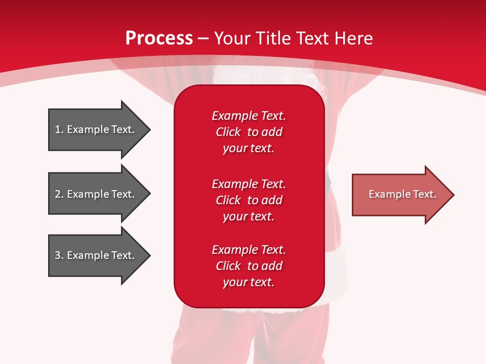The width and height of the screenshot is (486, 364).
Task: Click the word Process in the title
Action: [x=159, y=38]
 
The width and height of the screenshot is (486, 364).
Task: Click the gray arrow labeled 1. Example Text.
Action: [x=99, y=129]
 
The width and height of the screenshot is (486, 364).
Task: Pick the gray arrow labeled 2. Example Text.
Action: [x=99, y=194]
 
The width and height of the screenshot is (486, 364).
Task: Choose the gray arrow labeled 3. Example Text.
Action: [x=99, y=255]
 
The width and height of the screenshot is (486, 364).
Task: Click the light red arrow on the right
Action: [x=403, y=195]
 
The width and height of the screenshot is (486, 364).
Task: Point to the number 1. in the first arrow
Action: [x=59, y=129]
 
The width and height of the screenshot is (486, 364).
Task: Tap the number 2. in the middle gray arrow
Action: [x=59, y=194]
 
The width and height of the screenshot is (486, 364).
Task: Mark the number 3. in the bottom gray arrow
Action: [x=59, y=255]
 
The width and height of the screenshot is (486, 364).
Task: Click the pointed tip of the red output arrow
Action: [x=454, y=195]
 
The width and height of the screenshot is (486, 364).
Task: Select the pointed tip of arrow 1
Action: [x=150, y=130]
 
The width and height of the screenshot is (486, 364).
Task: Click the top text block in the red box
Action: [x=249, y=132]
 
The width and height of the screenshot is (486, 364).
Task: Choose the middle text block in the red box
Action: [x=249, y=200]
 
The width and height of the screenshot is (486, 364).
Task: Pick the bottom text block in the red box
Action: [x=249, y=266]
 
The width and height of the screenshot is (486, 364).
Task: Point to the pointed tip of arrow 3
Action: [x=150, y=256]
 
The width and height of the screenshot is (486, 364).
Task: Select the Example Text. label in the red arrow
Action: [x=402, y=194]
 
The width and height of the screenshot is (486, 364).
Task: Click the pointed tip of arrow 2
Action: [x=150, y=194]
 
